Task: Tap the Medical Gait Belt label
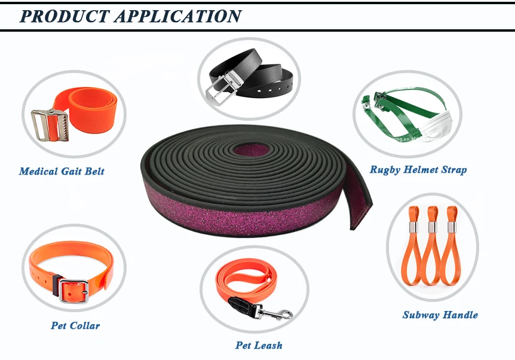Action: [x=62, y=172]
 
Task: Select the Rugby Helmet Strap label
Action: [x=418, y=170]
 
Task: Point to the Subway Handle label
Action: [x=440, y=315]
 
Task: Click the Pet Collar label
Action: [x=75, y=326]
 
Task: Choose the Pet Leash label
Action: [x=259, y=345]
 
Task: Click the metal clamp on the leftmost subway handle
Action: [x=413, y=230]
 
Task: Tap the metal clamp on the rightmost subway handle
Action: [x=451, y=230]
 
